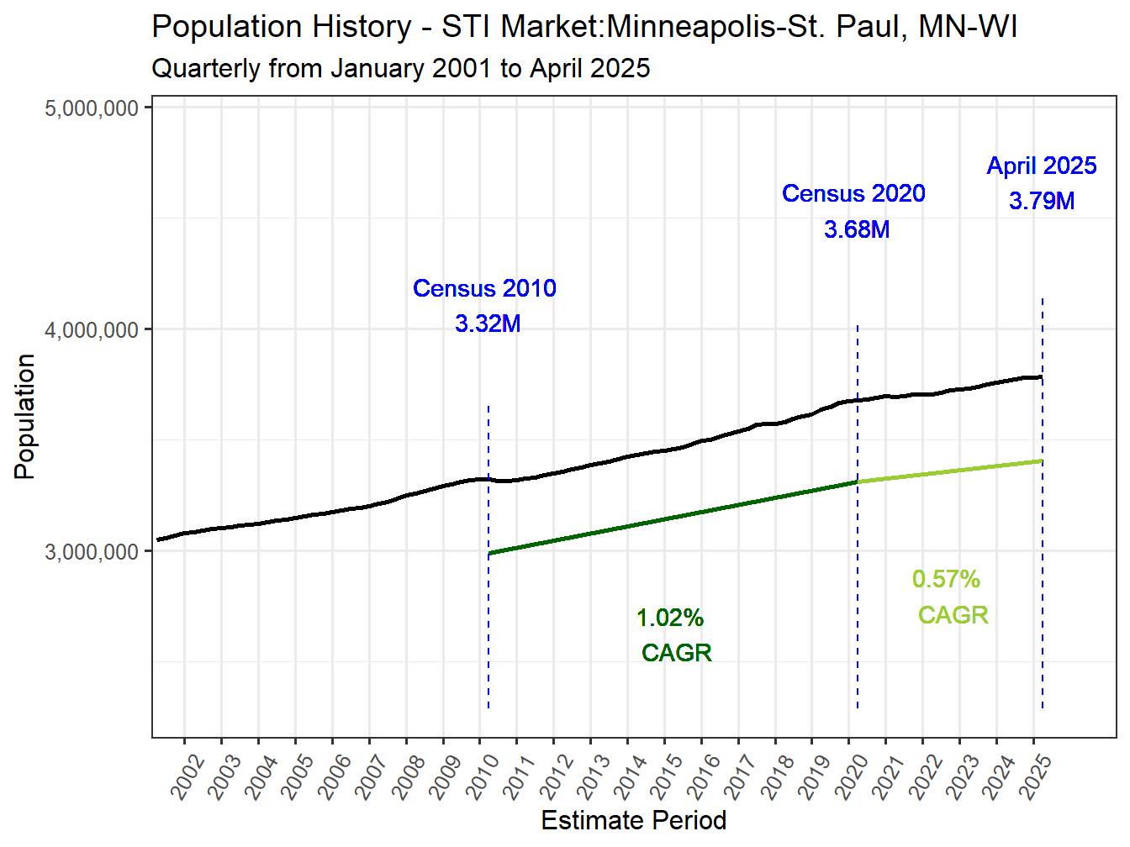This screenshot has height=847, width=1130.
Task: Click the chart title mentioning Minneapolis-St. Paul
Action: [584, 27]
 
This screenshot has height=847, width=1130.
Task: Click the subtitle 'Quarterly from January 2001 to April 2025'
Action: [400, 68]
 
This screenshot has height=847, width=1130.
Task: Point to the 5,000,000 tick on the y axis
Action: [92, 108]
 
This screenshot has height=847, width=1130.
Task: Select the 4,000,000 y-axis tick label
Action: [92, 330]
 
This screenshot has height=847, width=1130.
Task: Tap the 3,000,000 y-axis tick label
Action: [92, 552]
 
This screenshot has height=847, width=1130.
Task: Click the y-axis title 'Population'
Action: [24, 417]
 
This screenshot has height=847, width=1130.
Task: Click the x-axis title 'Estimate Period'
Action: [633, 820]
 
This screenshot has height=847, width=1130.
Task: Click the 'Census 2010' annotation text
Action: [484, 288]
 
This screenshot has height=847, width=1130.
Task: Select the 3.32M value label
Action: [488, 324]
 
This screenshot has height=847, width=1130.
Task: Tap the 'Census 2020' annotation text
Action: [853, 193]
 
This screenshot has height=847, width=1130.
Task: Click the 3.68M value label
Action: [857, 229]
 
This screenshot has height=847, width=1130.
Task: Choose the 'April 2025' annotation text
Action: [1042, 166]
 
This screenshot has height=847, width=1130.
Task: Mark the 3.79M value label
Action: [1042, 201]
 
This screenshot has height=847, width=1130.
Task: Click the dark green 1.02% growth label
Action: [670, 618]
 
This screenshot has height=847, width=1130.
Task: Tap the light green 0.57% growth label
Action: [946, 579]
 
